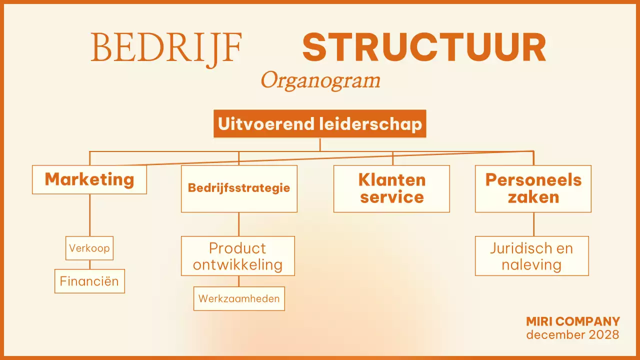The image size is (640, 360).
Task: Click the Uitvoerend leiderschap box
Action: [x=320, y=123]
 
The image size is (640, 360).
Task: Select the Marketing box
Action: [x=89, y=179]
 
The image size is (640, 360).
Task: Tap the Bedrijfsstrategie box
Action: [x=239, y=188]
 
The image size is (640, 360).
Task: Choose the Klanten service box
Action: [x=391, y=188]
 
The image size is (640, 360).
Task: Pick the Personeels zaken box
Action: [x=533, y=188]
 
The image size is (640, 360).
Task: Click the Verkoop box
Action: [x=89, y=248]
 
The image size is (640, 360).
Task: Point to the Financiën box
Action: [x=89, y=281]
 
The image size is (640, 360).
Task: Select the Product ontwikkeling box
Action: [x=238, y=256]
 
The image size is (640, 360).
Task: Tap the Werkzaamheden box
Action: [x=239, y=298]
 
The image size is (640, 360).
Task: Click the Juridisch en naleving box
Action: [x=531, y=256]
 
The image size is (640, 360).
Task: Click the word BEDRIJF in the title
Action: [x=166, y=47]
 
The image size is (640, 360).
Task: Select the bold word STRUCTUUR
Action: [x=424, y=47]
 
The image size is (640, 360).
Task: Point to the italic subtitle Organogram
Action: [x=320, y=80]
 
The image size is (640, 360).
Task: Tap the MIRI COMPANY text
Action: [x=573, y=321]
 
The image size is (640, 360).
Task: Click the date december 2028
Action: [x=573, y=334]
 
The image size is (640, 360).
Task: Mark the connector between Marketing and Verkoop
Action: [x=90, y=215]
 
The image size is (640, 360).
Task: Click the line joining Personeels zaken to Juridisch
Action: [x=533, y=224]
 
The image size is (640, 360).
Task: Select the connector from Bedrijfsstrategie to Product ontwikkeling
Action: [x=238, y=224]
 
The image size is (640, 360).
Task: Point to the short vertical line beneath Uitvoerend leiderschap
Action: [x=320, y=144]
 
